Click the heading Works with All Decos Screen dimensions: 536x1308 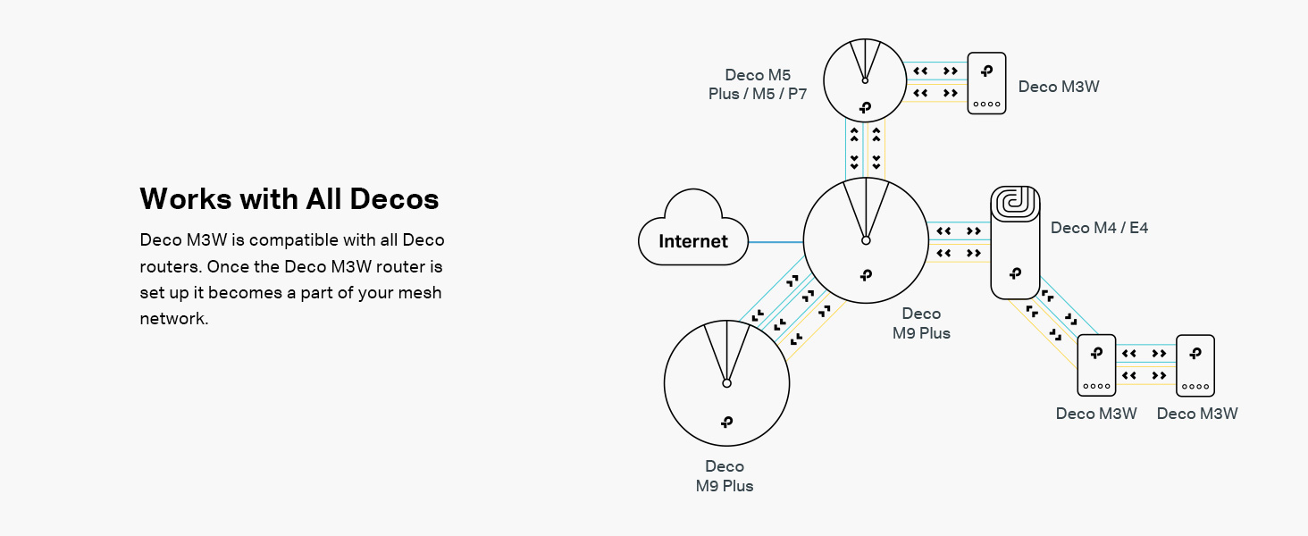[x=289, y=198]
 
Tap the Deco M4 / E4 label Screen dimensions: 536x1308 [x=1099, y=228]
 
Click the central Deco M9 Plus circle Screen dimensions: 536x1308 [x=866, y=268]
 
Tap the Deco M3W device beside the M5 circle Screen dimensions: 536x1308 [x=987, y=83]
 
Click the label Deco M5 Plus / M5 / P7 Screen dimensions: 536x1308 [x=758, y=84]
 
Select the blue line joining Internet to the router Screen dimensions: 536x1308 [x=776, y=242]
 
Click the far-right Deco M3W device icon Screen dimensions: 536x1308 [x=1195, y=365]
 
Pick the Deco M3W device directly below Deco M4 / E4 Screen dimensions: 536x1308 [x=1096, y=365]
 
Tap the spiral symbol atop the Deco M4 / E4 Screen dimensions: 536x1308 [x=1015, y=202]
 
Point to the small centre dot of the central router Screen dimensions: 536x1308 [x=866, y=240]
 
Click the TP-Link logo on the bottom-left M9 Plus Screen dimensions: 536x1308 [x=726, y=422]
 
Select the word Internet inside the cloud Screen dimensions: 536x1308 [x=693, y=241]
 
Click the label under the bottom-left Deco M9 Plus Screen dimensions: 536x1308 [x=725, y=476]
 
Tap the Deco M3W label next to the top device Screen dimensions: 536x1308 [x=1059, y=87]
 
